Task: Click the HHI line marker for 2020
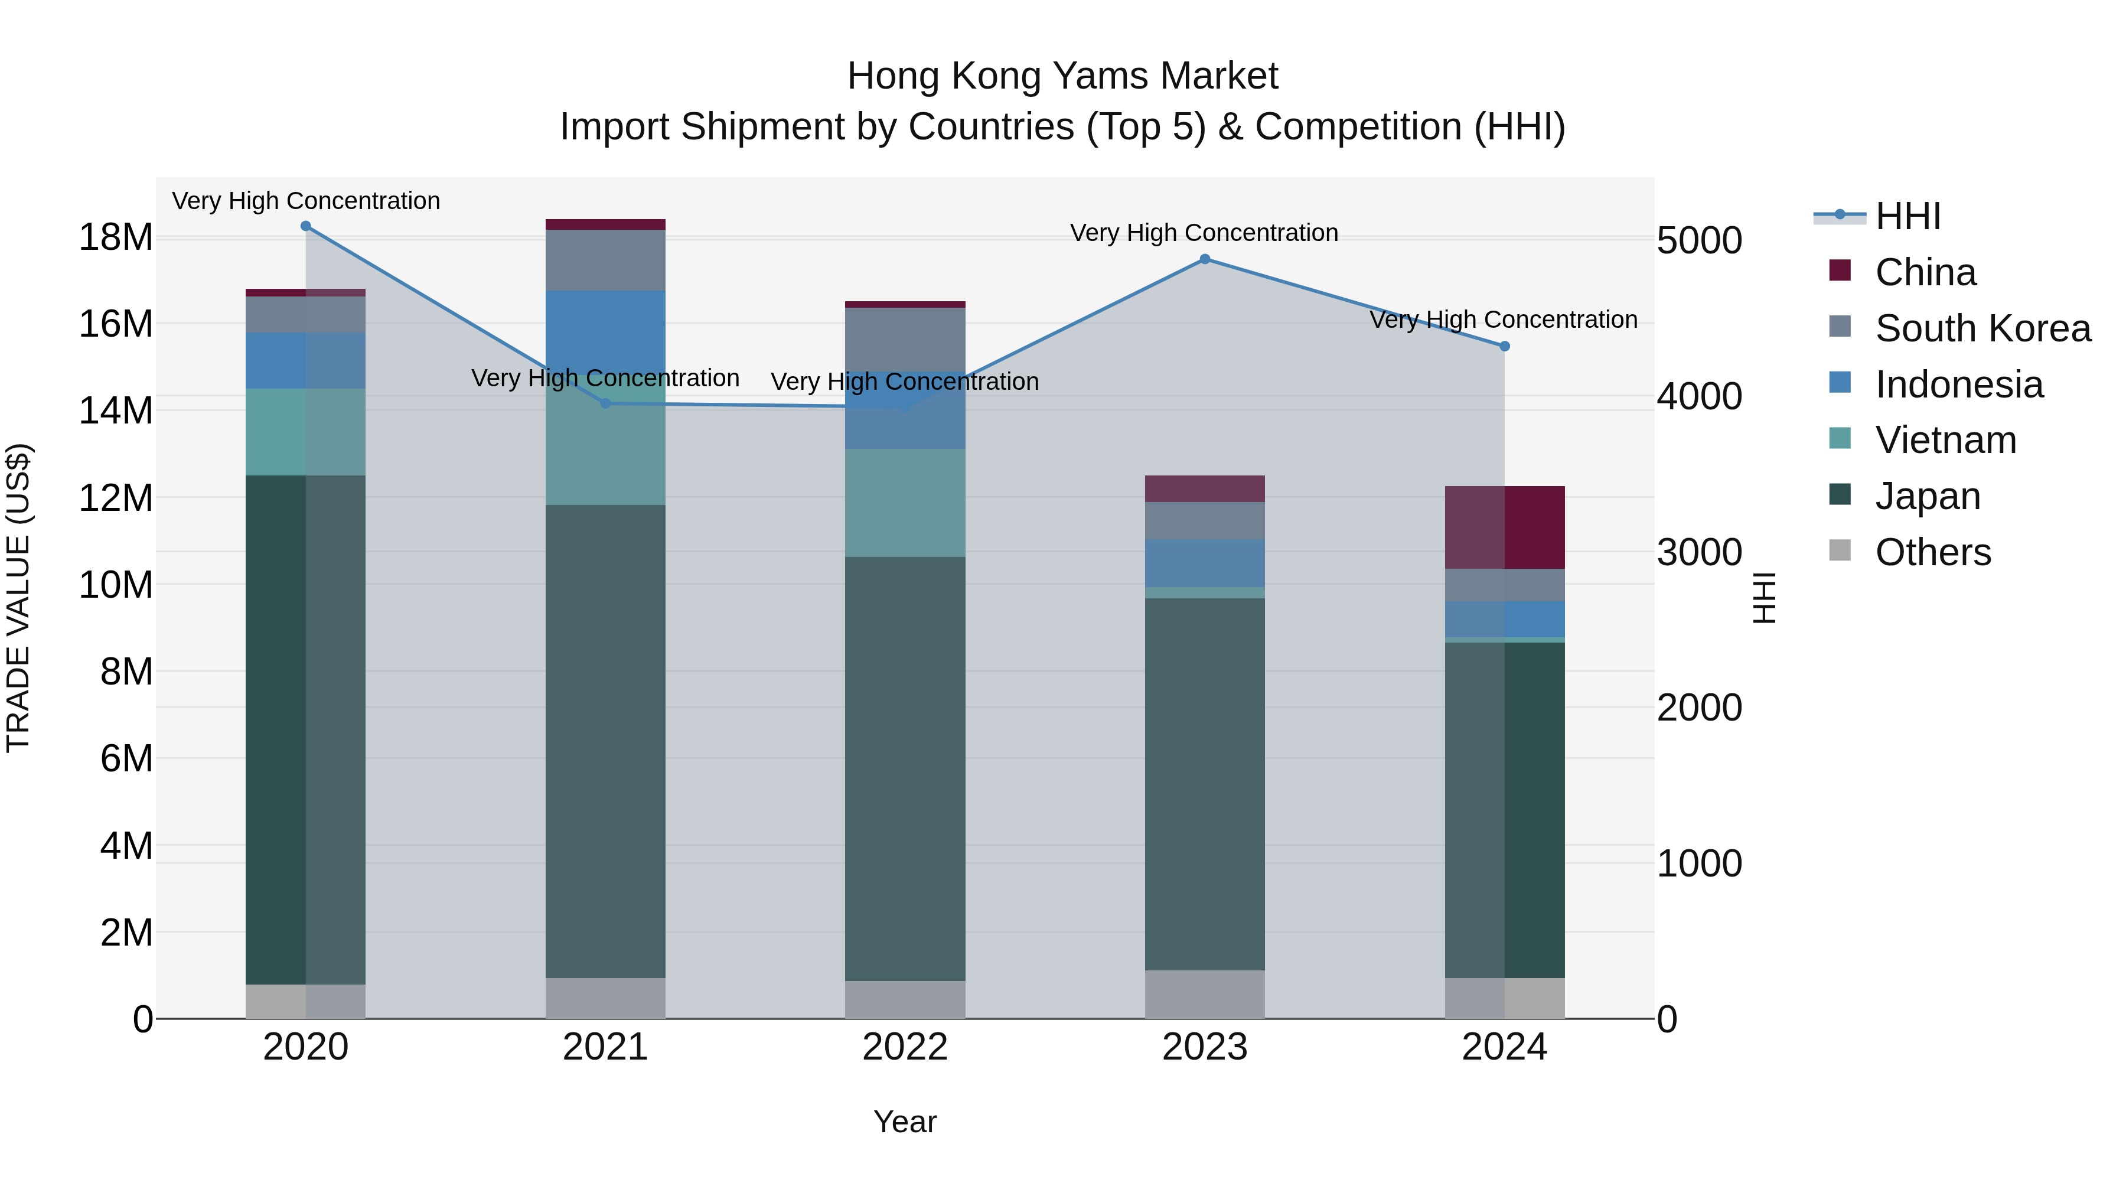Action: pyautogui.click(x=305, y=226)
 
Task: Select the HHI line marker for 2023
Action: pyautogui.click(x=1204, y=259)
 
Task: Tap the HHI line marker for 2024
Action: pyautogui.click(x=1504, y=347)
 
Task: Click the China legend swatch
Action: pyautogui.click(x=1840, y=271)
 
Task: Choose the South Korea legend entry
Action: pyautogui.click(x=1982, y=328)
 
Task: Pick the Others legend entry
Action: pyautogui.click(x=1932, y=552)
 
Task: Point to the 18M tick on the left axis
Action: pyautogui.click(x=116, y=237)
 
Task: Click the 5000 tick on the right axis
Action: pyautogui.click(x=1699, y=241)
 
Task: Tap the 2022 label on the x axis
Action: pyautogui.click(x=905, y=1047)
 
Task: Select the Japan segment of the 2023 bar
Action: pyautogui.click(x=1204, y=784)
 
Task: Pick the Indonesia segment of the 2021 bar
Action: pyautogui.click(x=605, y=330)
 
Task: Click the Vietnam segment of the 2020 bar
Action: pyautogui.click(x=305, y=432)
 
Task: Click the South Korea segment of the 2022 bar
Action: pyautogui.click(x=905, y=338)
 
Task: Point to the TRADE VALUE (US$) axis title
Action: pyautogui.click(x=18, y=598)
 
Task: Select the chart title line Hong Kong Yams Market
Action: pyautogui.click(x=1062, y=76)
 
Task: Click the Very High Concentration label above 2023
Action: pyautogui.click(x=1204, y=233)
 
